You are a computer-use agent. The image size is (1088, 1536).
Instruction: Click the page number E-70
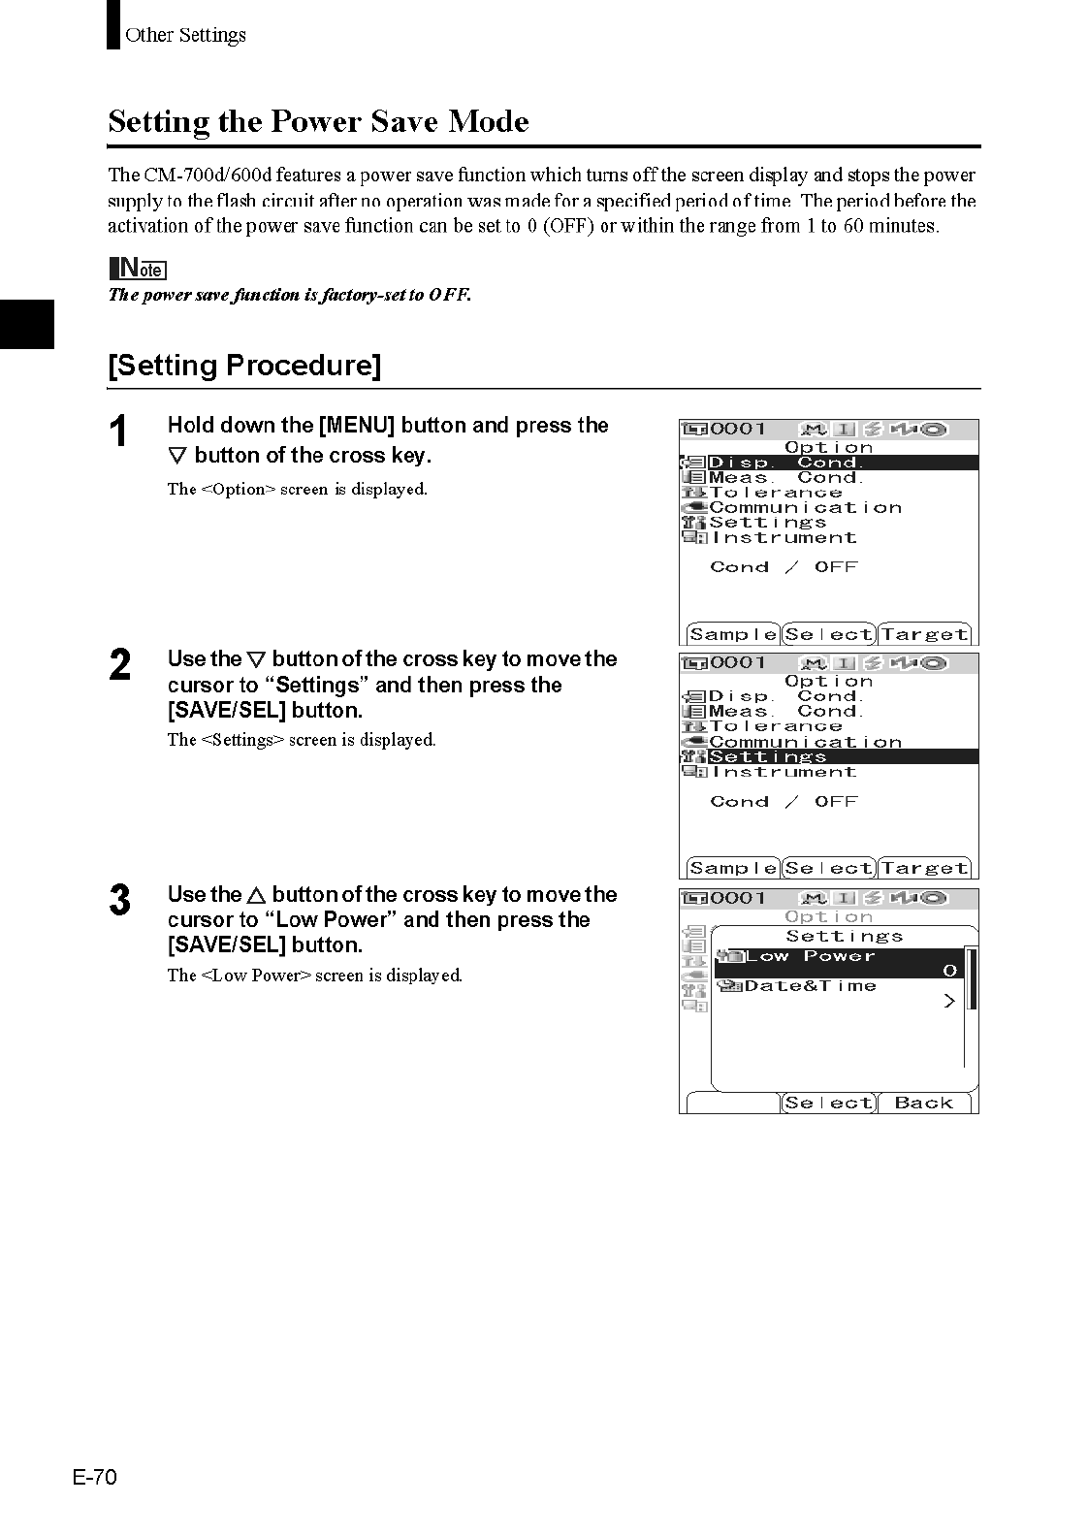94,1477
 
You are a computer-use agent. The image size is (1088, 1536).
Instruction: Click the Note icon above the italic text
138,269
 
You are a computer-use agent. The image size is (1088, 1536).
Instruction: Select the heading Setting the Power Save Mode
318,122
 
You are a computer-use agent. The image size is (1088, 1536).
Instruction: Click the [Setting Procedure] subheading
244,366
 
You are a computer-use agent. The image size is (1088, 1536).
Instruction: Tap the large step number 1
118,432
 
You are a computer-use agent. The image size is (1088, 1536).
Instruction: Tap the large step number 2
119,665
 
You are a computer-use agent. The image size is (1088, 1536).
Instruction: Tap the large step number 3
119,900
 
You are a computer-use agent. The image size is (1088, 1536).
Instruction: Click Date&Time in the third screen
810,986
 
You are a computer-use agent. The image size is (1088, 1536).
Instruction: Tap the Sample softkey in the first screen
733,635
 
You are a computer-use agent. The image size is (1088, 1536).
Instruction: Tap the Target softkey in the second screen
924,869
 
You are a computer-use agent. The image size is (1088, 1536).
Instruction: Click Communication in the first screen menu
805,507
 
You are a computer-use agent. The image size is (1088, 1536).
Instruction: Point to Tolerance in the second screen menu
775,726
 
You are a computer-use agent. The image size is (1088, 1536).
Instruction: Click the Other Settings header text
185,35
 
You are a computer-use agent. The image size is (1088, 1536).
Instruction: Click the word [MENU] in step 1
356,425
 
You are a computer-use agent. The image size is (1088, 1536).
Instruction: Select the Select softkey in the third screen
828,1103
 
